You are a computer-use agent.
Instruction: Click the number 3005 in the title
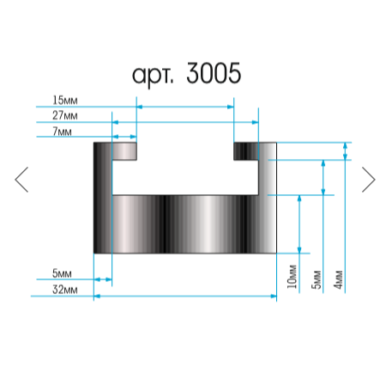pos(214,73)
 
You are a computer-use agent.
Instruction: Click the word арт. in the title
pos(153,76)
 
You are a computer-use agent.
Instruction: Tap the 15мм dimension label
pos(65,101)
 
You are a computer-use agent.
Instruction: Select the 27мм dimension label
pos(65,115)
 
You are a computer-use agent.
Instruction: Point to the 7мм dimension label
pos(62,132)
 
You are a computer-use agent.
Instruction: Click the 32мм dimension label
pos(65,290)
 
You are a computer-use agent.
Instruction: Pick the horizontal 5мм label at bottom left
pos(62,273)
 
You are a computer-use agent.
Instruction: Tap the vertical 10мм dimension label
pos(292,276)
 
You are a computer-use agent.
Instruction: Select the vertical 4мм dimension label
pos(338,279)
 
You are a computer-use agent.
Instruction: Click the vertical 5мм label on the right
pos(316,279)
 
